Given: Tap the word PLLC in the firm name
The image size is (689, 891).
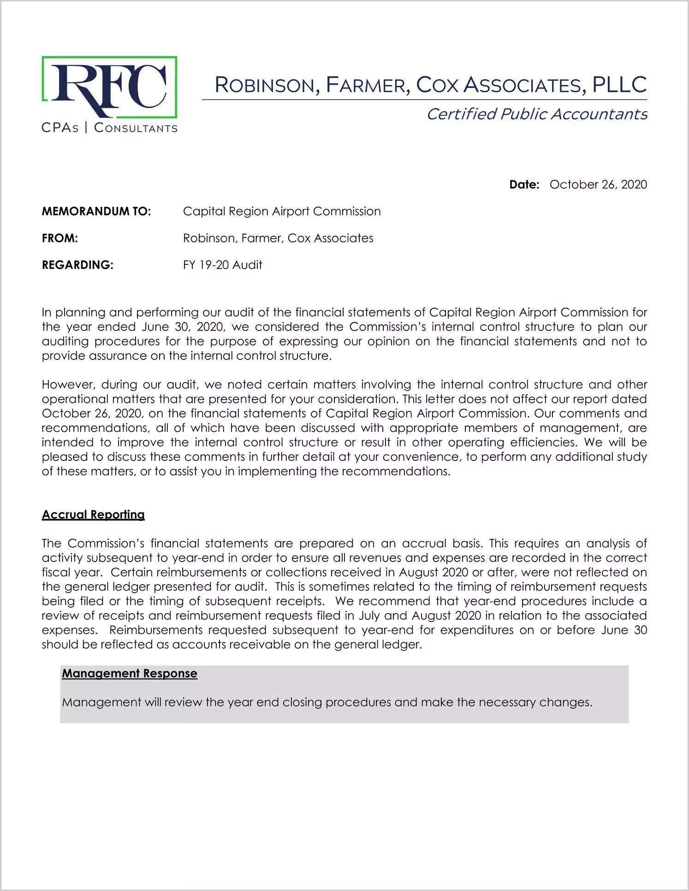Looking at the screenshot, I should pyautogui.click(x=619, y=85).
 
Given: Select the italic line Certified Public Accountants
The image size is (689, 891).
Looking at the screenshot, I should pyautogui.click(x=537, y=114).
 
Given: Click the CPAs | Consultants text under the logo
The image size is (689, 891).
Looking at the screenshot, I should pyautogui.click(x=109, y=128).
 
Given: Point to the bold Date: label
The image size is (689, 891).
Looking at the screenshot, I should pyautogui.click(x=524, y=185).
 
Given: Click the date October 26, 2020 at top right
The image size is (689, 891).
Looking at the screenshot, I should pyautogui.click(x=598, y=185).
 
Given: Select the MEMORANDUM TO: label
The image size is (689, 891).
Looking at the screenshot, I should pyautogui.click(x=96, y=211).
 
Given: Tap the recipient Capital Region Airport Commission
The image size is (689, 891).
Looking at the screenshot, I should pyautogui.click(x=282, y=211).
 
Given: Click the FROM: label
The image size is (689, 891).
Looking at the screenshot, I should pyautogui.click(x=60, y=238).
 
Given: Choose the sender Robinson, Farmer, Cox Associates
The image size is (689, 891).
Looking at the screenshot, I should pyautogui.click(x=278, y=238).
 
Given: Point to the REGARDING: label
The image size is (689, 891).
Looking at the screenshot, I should pyautogui.click(x=77, y=265).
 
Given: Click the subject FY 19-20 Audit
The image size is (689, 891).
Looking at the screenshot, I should pyautogui.click(x=222, y=265).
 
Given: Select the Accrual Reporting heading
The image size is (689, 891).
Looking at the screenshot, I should pyautogui.click(x=93, y=514).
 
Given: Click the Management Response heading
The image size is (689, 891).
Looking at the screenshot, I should pyautogui.click(x=130, y=674).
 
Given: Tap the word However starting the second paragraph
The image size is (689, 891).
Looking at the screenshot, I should pyautogui.click(x=68, y=384).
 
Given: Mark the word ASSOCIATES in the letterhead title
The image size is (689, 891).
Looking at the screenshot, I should pyautogui.click(x=525, y=85).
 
